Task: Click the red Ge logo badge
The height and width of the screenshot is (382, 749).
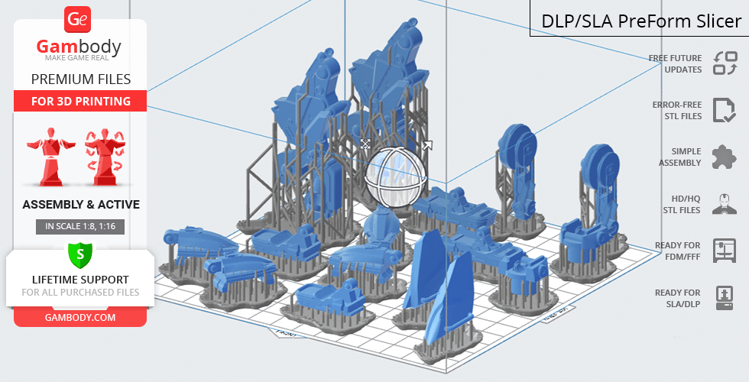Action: tap(77, 20)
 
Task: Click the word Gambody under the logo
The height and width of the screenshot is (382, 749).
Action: tap(79, 47)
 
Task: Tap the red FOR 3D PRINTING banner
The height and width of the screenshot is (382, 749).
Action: tap(81, 101)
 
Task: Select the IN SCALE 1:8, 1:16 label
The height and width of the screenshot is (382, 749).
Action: tap(80, 227)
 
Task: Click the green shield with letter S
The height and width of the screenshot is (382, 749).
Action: tap(80, 254)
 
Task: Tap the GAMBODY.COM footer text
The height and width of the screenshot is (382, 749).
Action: tap(80, 318)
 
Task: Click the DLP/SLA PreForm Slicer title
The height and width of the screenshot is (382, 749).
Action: tap(641, 21)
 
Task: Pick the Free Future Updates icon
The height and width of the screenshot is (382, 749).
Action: tap(725, 63)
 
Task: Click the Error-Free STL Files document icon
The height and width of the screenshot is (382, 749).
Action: tap(725, 110)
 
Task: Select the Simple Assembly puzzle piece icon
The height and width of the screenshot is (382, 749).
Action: tap(725, 157)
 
